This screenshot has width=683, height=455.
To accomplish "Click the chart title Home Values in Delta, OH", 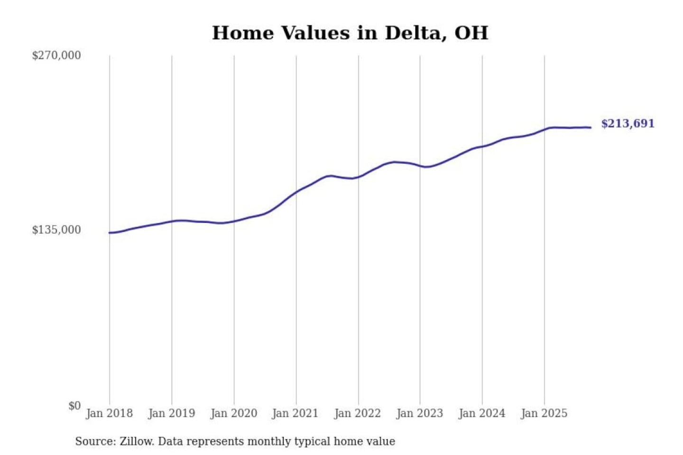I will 350,33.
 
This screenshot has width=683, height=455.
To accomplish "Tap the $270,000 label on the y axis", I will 56,55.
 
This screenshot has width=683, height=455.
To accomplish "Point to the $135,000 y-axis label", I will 56,230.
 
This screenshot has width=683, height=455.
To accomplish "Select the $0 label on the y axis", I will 74,406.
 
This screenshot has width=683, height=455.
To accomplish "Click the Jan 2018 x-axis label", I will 109,413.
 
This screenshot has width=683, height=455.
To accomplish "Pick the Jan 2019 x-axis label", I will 171,413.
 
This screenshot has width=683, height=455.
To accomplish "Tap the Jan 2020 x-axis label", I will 233,413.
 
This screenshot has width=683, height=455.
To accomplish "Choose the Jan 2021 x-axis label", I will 295,413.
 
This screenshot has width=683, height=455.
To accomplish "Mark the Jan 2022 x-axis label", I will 357,413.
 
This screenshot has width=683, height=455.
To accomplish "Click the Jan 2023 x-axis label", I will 419,413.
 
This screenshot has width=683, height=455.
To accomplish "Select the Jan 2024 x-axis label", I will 481,413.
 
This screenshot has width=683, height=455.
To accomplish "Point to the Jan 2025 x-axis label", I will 544,413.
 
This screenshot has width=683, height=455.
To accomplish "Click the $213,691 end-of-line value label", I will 628,124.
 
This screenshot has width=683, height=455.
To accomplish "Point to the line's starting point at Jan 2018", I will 110,233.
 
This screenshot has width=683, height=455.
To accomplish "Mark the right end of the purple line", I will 591,127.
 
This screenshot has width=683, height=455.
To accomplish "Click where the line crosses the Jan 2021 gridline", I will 296,192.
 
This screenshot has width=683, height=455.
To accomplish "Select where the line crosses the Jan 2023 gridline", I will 420,165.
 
